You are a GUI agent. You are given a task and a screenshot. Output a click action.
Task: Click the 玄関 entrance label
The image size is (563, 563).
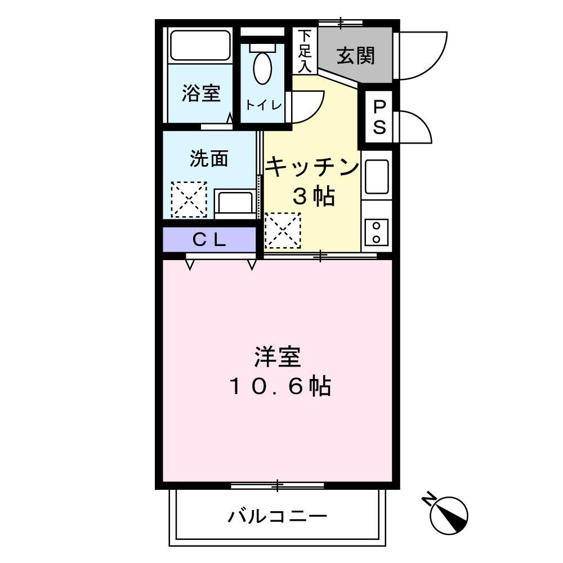[x=356, y=56]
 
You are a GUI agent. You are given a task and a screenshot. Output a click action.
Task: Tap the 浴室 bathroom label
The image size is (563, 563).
[x=200, y=93]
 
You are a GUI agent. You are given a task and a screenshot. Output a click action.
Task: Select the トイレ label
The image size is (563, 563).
[x=262, y=104]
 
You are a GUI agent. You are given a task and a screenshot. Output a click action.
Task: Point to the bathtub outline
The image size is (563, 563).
[x=201, y=45]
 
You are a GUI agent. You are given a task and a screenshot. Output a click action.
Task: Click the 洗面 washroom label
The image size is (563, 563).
[x=208, y=159]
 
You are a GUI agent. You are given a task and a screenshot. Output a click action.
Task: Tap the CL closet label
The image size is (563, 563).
[x=209, y=240]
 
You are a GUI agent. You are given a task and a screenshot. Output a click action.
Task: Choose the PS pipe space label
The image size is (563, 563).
[x=380, y=118]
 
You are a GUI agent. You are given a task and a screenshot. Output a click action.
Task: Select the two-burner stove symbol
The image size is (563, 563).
[x=376, y=231]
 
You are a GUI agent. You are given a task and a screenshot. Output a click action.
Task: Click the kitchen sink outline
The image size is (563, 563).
[x=376, y=176]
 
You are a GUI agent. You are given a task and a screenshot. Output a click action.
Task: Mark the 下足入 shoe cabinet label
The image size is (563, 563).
[x=305, y=51]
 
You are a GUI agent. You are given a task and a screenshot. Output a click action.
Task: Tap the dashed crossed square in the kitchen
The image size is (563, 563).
[x=283, y=230]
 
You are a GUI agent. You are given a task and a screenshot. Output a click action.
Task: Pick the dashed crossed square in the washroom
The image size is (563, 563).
[x=189, y=199]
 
